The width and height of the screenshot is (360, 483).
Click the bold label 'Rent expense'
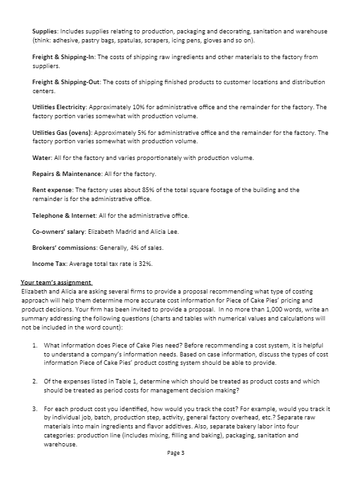pyautogui.click(x=52, y=190)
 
